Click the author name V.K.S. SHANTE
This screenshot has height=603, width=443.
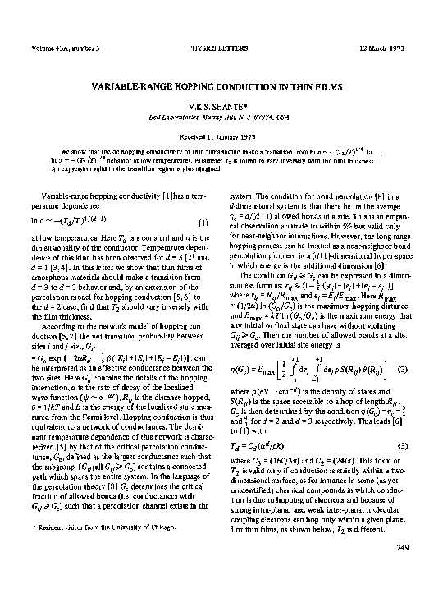click(x=221, y=105)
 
